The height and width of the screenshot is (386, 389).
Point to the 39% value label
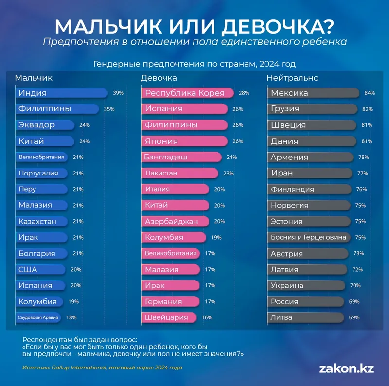[118, 93]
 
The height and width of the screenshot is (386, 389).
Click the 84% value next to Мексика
[369, 93]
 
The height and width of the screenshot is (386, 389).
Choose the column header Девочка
[159, 78]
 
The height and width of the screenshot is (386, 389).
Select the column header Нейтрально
[292, 78]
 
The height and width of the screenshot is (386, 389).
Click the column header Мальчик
[34, 78]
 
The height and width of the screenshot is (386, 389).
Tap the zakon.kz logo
[346, 368]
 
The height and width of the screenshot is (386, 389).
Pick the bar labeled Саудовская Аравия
[39, 318]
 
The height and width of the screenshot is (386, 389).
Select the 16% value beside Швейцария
[207, 318]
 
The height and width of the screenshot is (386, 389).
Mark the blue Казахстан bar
[41, 221]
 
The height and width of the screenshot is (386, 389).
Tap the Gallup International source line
[102, 368]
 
